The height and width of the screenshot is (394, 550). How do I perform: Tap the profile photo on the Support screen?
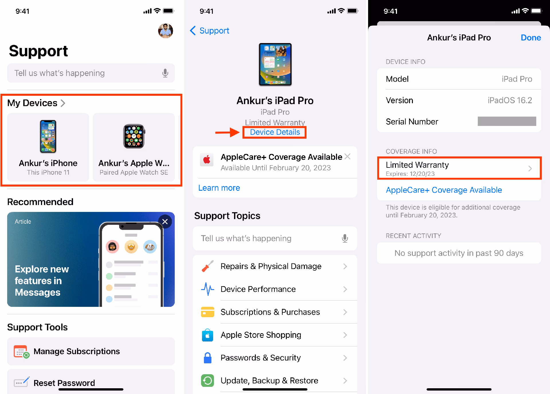pos(166,31)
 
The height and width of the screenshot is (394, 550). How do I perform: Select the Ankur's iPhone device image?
pos(48,136)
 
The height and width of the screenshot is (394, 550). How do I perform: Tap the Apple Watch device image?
pos(134,136)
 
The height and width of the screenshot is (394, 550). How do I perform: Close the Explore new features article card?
pos(165,221)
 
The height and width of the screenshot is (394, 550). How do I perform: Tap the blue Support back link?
pos(210,31)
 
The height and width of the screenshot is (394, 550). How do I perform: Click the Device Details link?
pos(275,132)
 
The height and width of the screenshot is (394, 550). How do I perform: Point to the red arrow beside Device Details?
pos(227,132)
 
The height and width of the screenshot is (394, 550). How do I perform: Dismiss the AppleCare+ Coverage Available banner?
pos(347,156)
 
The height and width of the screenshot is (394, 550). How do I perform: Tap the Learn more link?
pos(219,188)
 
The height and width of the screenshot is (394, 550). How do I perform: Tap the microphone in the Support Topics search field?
pos(345,238)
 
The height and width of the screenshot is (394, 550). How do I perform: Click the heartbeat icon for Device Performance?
pos(208,289)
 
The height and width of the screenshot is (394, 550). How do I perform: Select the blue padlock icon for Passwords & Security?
pos(208,358)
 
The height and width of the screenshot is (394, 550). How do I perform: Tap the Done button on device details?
pos(531,38)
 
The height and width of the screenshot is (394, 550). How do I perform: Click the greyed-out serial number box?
pos(507,121)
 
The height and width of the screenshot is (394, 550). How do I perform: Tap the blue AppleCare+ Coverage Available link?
pos(444,190)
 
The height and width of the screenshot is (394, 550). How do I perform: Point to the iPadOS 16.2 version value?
pos(510,100)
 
